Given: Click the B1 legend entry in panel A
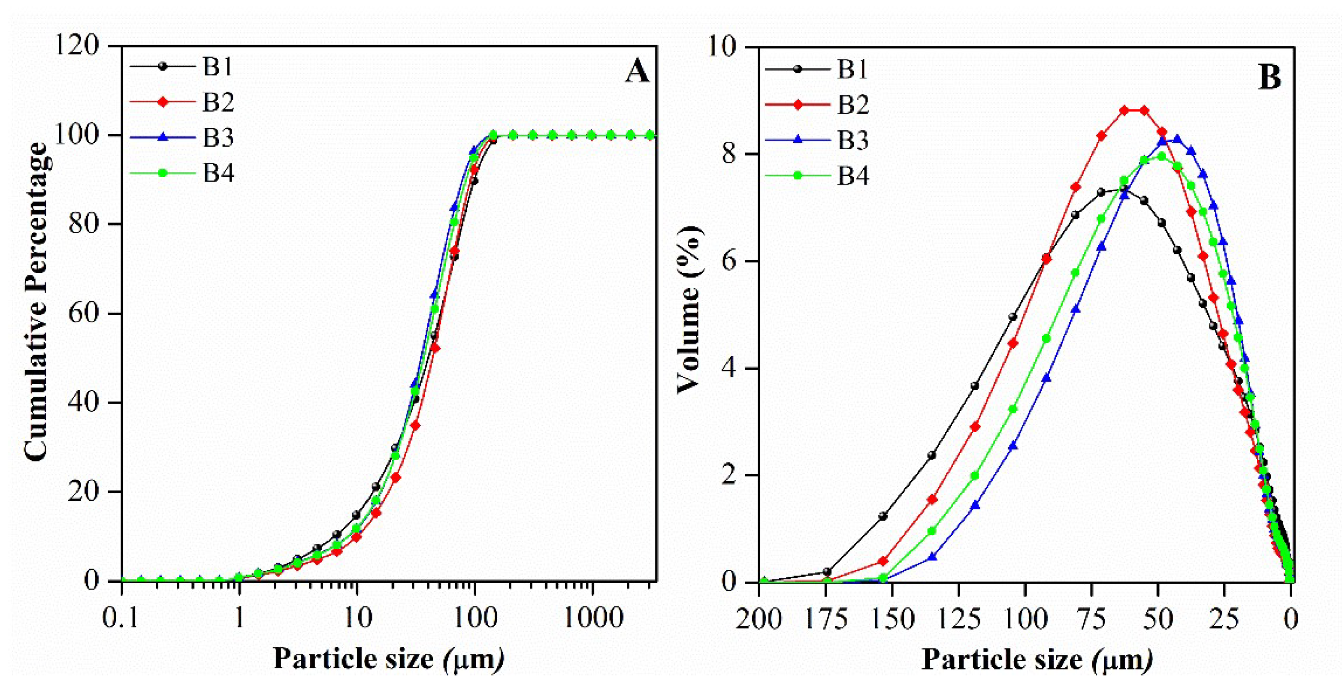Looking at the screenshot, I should point(182,66).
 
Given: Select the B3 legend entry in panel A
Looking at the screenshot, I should point(182,138).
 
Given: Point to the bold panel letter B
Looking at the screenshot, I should point(1269,78).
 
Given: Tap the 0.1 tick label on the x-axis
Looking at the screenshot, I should point(121,618).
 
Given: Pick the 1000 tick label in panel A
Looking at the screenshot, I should point(593,618).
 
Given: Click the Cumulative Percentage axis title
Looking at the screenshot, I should point(36,302).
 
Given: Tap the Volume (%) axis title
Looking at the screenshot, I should point(689,310).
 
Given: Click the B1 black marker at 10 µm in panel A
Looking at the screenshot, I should point(357,515).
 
